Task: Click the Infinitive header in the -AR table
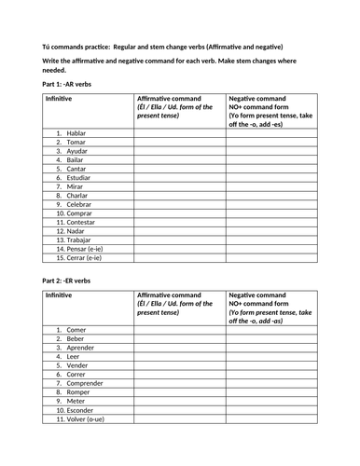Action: pos(58,98)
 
